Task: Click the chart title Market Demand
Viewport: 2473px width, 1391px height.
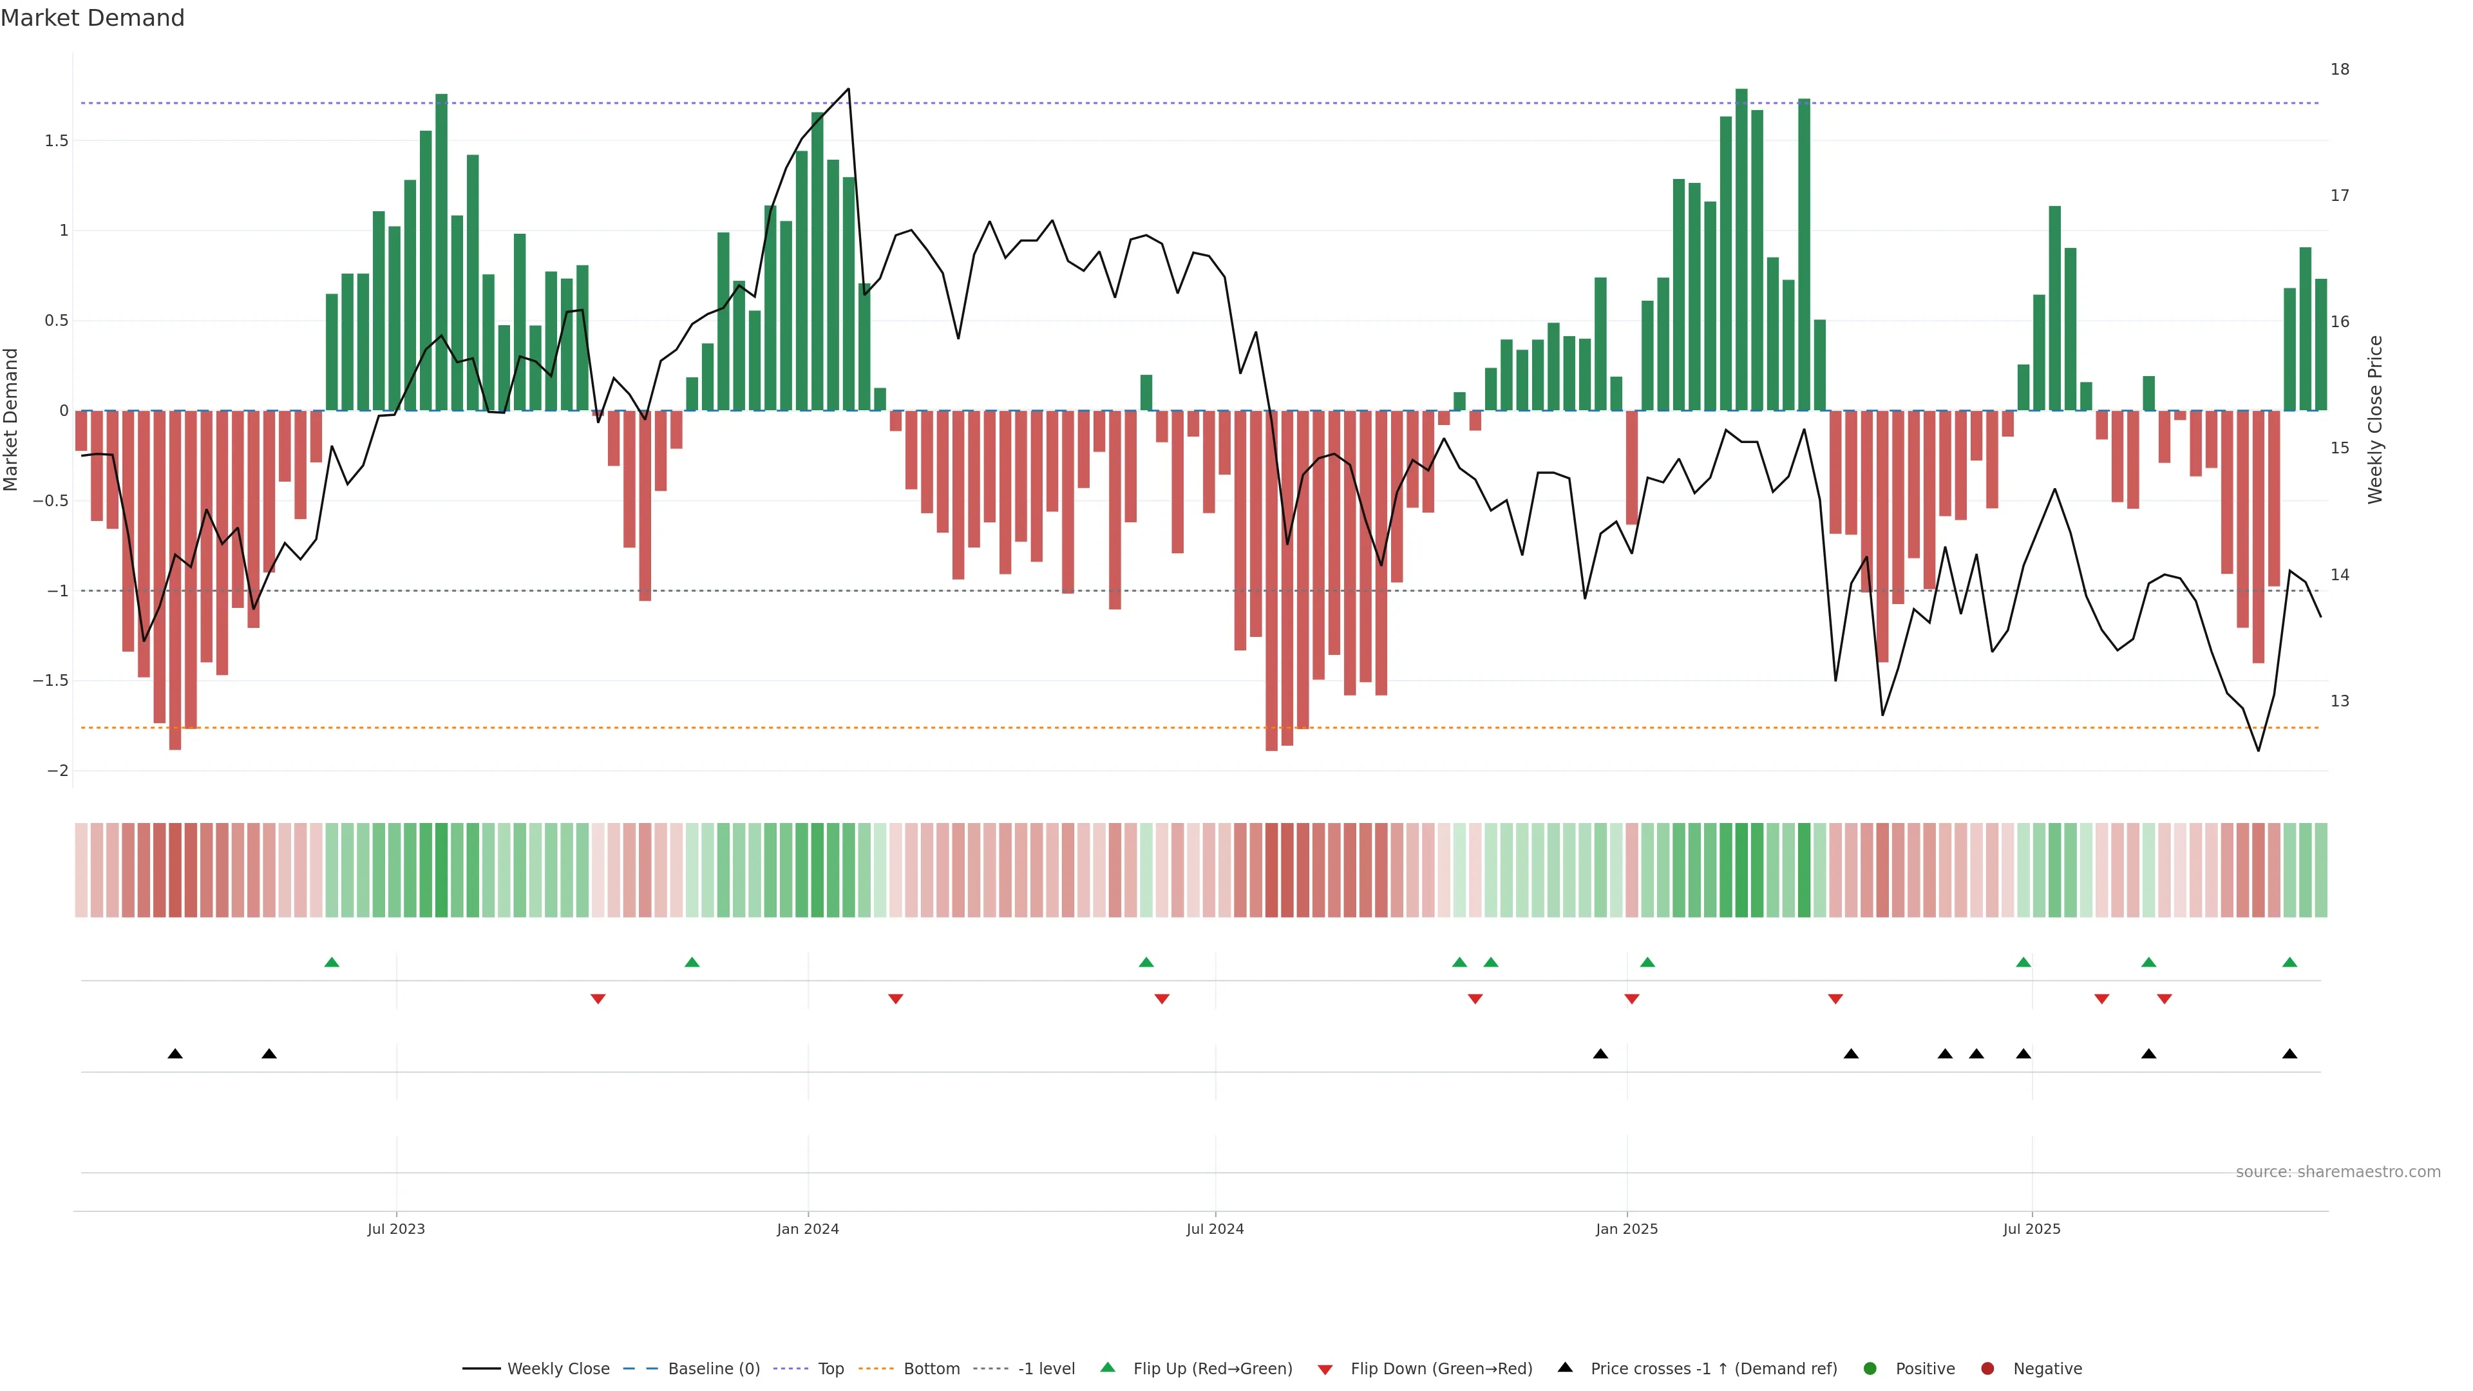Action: click(92, 18)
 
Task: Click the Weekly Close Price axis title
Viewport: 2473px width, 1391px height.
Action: click(2375, 419)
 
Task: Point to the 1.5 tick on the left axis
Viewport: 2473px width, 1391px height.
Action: click(57, 141)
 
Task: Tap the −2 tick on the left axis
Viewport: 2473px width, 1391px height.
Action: click(57, 771)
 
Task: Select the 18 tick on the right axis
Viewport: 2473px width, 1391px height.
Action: click(2340, 69)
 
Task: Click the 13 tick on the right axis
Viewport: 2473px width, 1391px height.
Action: click(2340, 701)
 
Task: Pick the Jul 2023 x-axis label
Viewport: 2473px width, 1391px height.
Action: click(395, 1229)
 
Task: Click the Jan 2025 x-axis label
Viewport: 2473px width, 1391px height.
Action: click(1626, 1229)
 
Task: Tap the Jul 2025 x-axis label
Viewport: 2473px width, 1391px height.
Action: click(2031, 1229)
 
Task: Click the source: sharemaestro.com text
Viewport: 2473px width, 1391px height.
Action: click(2338, 1172)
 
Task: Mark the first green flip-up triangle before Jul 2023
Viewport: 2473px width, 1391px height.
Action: click(332, 962)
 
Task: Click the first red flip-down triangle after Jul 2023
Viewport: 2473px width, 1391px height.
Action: click(598, 999)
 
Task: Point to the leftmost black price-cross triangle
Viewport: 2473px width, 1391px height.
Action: click(175, 1054)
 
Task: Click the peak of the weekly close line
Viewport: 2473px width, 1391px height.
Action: click(848, 90)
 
